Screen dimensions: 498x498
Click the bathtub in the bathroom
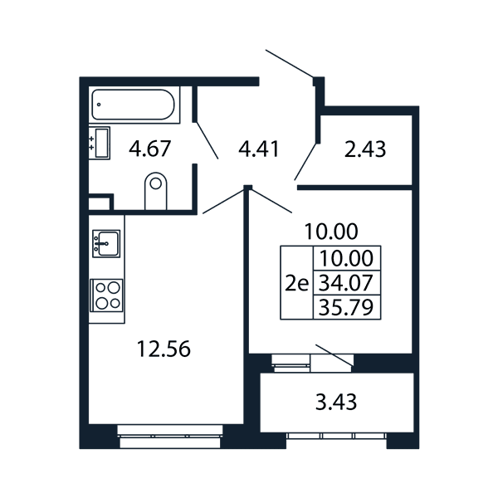click(133, 105)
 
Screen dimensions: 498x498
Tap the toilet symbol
click(156, 191)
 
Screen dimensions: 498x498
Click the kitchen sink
click(106, 243)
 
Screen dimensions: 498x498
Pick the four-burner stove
click(106, 295)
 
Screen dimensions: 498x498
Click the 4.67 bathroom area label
click(150, 149)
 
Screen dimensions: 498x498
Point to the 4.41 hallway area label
click(258, 149)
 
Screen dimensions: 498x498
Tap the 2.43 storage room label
click(365, 149)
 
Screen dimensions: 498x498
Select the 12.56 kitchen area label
click(164, 349)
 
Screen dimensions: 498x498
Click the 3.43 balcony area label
click(336, 402)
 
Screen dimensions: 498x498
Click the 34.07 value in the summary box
click(345, 283)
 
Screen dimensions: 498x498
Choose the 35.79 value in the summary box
click(345, 307)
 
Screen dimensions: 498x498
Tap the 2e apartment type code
click(296, 284)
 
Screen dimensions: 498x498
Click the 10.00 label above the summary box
click(331, 232)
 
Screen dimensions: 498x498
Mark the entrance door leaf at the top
click(290, 64)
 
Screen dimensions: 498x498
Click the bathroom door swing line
click(207, 140)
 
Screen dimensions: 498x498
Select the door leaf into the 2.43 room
click(305, 162)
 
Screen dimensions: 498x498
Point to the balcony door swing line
click(334, 354)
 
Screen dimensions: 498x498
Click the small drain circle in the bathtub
click(99, 105)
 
